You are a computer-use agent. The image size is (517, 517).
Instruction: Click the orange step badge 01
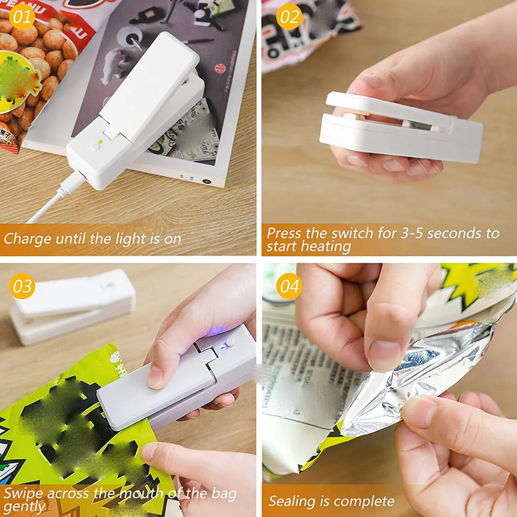tap(22, 17)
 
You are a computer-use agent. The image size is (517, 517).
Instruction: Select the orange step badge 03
tap(22, 286)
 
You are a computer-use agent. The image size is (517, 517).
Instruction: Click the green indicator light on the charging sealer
tap(101, 141)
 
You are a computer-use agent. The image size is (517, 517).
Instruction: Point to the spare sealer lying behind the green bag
tap(73, 305)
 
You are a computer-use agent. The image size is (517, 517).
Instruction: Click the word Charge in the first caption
tap(27, 239)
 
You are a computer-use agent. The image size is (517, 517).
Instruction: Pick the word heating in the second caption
tap(326, 247)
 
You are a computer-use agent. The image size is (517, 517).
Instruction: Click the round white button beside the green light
tap(95, 147)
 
